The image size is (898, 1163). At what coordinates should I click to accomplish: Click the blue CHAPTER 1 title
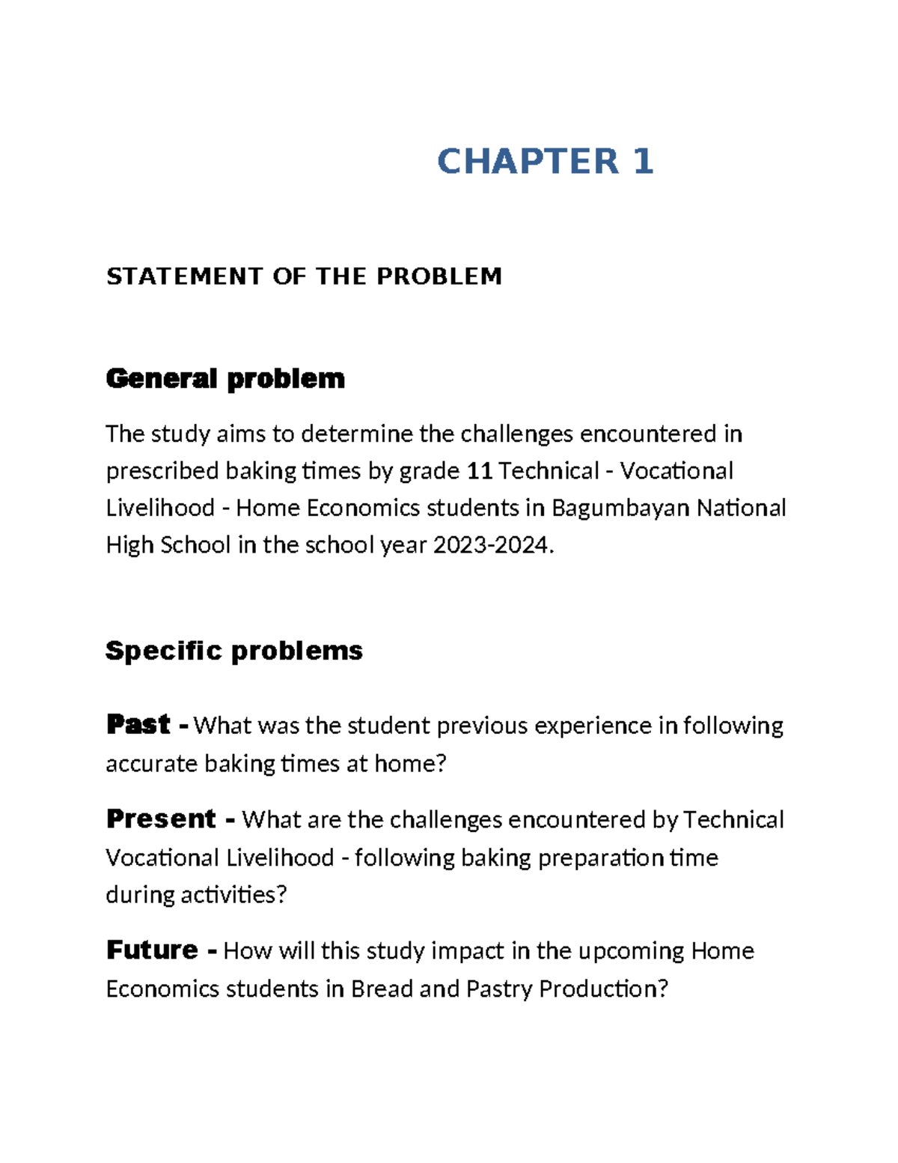pos(545,162)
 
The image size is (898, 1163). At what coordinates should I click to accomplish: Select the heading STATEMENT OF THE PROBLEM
pos(304,276)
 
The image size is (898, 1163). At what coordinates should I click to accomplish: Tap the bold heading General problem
pos(225,378)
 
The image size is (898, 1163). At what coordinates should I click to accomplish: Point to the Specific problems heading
pos(233,650)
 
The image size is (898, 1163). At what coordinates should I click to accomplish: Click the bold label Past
pos(139,724)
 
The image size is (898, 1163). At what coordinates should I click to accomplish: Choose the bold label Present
pos(161,819)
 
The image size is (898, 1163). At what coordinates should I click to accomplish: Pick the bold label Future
pos(152,950)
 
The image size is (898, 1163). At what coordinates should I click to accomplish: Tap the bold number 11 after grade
pos(479,471)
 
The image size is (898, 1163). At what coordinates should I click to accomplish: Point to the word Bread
pos(382,989)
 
